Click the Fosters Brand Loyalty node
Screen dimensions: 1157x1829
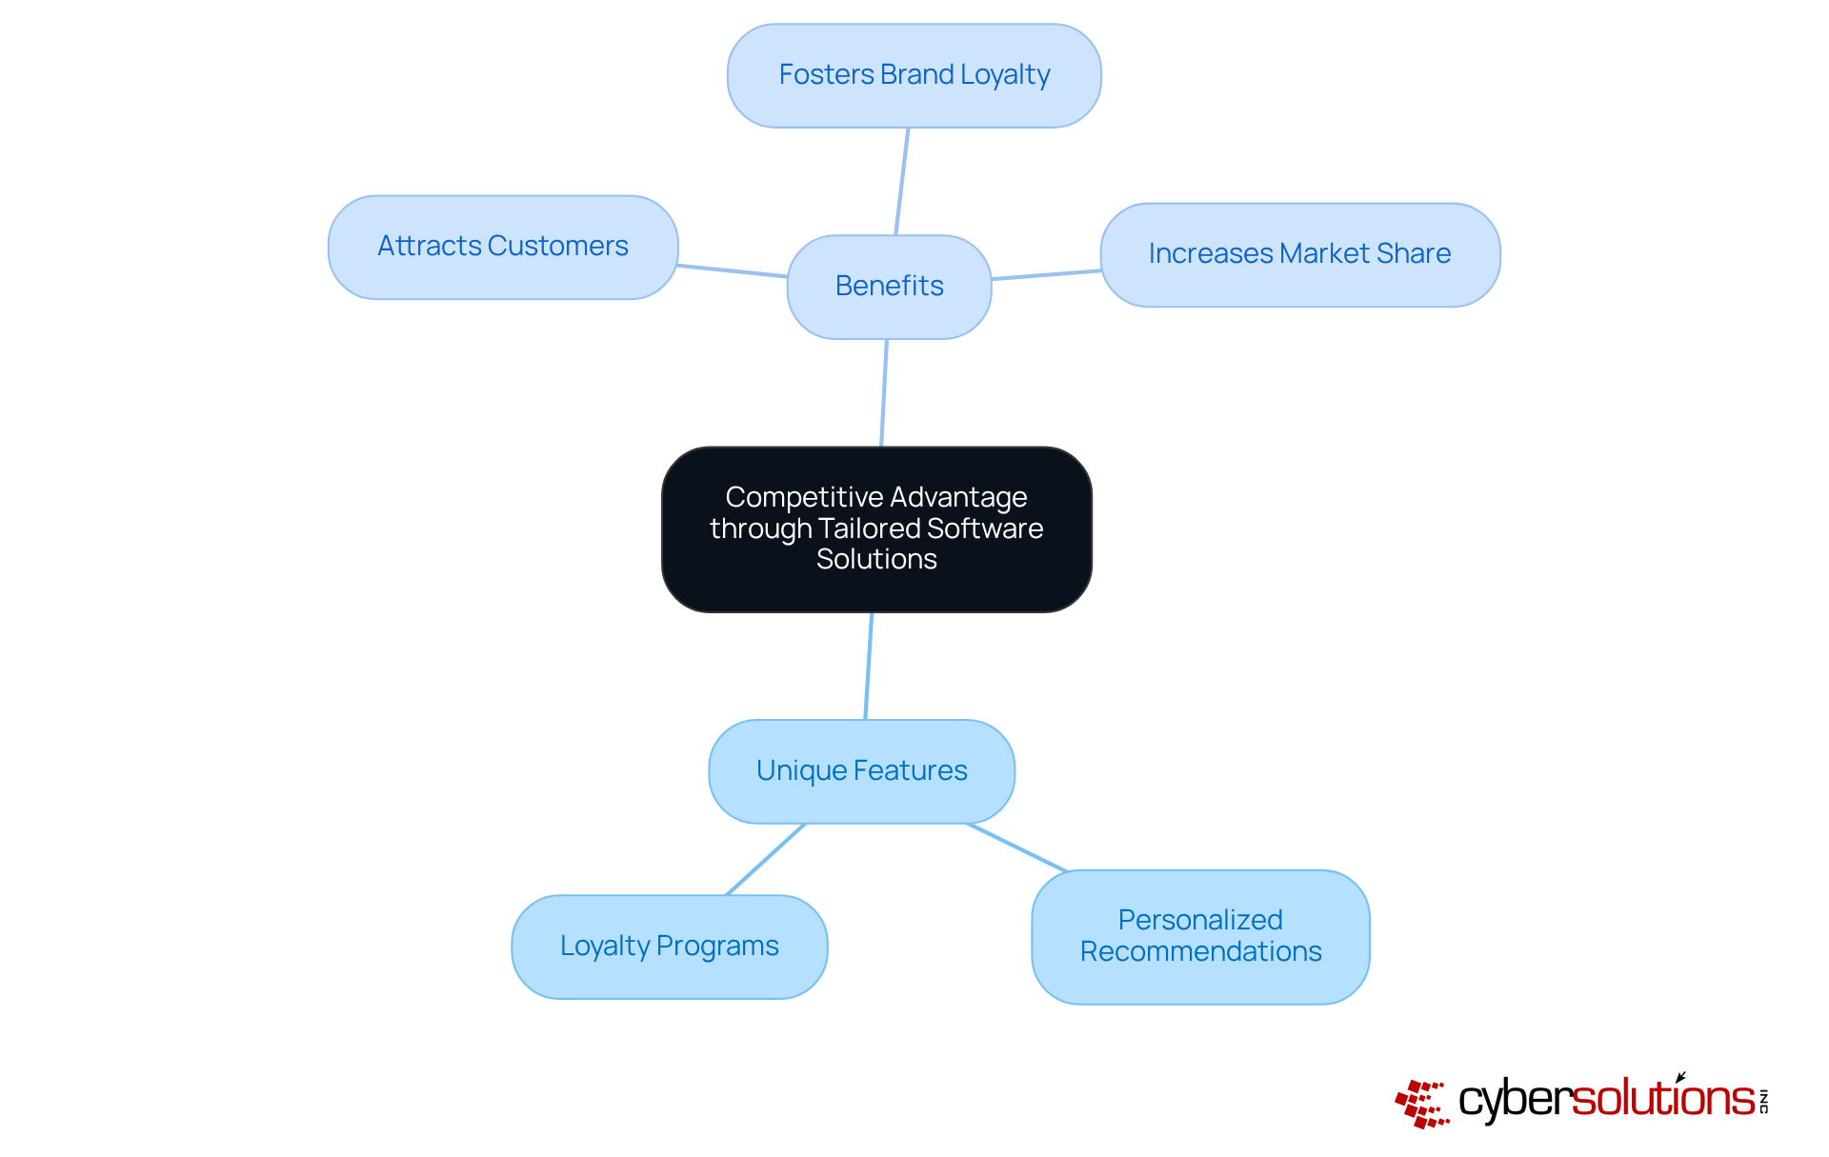[x=914, y=76]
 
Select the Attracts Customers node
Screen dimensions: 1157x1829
[x=503, y=248]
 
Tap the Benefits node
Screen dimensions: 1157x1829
[x=889, y=287]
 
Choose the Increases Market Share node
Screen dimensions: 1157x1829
[x=1299, y=254]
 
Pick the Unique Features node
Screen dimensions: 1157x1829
[x=861, y=771]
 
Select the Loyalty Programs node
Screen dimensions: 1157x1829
[x=669, y=947]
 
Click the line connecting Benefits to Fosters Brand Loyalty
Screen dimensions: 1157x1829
[x=901, y=181]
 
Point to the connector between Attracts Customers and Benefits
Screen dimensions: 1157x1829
[x=732, y=271]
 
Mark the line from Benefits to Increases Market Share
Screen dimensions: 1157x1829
[x=1046, y=275]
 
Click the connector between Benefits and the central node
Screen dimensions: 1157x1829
[x=884, y=392]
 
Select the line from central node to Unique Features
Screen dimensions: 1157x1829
[x=868, y=666]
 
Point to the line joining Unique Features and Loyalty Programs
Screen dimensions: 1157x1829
[x=766, y=859]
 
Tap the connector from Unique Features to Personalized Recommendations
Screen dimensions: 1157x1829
[x=1017, y=848]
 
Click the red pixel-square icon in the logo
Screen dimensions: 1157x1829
[x=1422, y=1104]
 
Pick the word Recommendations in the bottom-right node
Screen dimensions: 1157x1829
[x=1200, y=951]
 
